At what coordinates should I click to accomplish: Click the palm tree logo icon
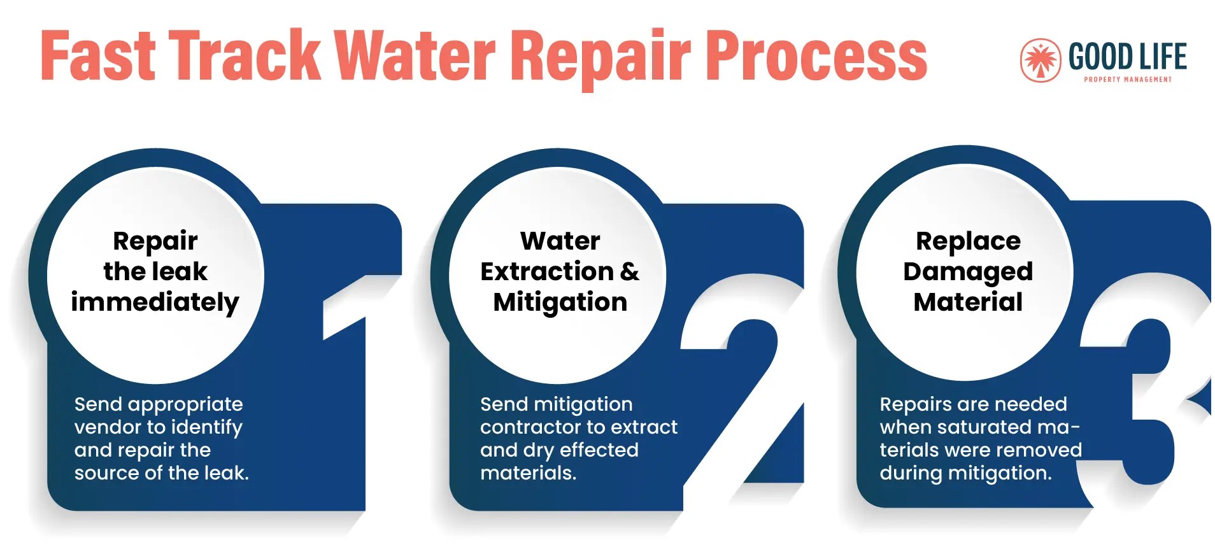1040,60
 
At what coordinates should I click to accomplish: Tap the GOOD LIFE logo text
1127,56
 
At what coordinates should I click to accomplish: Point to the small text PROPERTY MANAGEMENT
1127,80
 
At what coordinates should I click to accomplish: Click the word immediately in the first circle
155,302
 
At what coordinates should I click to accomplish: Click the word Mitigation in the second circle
560,302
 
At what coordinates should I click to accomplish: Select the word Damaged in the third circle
967,272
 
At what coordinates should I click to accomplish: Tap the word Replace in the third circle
967,241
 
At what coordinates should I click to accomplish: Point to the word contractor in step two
527,427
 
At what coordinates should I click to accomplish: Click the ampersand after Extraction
629,272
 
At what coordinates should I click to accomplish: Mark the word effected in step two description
599,450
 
